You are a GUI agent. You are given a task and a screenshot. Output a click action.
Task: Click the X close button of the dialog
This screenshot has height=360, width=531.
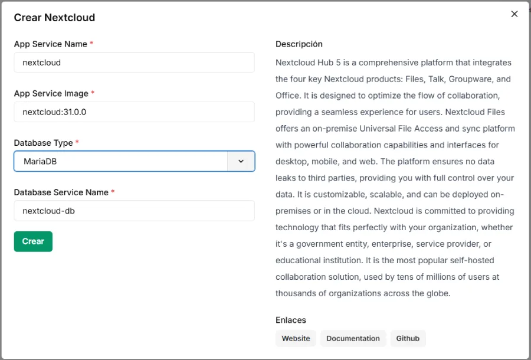(x=514, y=14)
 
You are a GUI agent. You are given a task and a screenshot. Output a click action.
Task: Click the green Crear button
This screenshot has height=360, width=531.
(x=33, y=241)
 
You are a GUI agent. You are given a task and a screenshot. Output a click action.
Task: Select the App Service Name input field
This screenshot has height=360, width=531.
(x=134, y=63)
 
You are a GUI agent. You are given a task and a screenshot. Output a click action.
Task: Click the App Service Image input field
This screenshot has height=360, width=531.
(x=134, y=112)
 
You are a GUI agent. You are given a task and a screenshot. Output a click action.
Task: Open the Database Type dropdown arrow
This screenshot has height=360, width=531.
(x=241, y=161)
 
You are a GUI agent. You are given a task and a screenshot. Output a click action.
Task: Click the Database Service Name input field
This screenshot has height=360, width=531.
(x=134, y=211)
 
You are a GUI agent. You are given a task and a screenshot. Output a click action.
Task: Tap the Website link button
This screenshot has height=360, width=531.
(x=296, y=338)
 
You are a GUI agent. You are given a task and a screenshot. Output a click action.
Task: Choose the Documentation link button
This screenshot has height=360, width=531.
(x=353, y=338)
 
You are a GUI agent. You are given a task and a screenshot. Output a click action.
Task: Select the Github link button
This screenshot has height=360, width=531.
(x=408, y=338)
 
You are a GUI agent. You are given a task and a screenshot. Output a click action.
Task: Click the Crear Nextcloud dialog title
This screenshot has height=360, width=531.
(x=54, y=18)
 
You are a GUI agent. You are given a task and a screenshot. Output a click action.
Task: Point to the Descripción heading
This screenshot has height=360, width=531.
(x=299, y=44)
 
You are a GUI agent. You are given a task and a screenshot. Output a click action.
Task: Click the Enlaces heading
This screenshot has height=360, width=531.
(x=291, y=320)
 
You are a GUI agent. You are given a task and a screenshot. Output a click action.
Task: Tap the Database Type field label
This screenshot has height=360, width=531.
(x=44, y=143)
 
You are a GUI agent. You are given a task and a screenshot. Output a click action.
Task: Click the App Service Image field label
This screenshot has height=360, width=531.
(x=51, y=93)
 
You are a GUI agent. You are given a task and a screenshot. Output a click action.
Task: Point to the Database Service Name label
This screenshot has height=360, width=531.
(x=61, y=192)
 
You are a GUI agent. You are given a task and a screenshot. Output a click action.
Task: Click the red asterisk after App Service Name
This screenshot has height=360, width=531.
(x=91, y=44)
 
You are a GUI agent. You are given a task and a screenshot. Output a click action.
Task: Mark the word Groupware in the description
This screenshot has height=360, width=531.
(x=466, y=79)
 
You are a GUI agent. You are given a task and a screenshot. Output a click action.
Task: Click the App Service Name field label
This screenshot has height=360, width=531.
(x=50, y=44)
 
